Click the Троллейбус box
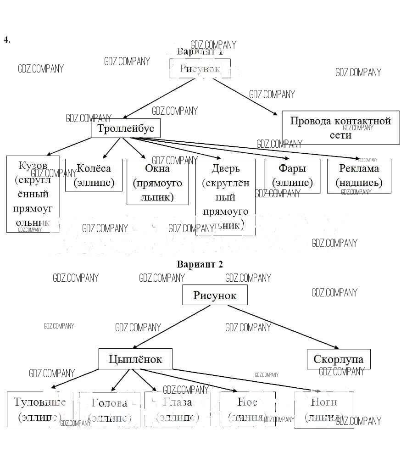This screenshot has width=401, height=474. pos(126,128)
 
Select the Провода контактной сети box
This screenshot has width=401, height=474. pos(340,128)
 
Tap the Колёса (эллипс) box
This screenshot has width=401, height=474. pos(94,175)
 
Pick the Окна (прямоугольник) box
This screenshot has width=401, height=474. pos(157,182)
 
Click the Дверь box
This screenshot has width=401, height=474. pos(225,197)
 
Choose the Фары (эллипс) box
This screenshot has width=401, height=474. pos(292,176)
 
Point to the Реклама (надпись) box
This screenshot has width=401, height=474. pos(359,176)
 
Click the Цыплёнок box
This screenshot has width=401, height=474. pos(135,359)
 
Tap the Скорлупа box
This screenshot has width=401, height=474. pos(338,359)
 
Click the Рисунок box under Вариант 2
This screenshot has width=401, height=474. pos(215,295)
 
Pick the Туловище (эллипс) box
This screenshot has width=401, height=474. pos(40,409)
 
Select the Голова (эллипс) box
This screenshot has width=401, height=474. pos(109,409)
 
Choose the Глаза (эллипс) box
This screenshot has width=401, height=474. pos(178,409)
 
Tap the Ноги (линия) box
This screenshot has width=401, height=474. pos(324,410)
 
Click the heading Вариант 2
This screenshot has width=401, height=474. pos(200,264)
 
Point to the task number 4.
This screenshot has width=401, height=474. pos(6,39)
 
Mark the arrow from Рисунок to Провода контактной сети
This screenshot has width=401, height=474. pos(244,96)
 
